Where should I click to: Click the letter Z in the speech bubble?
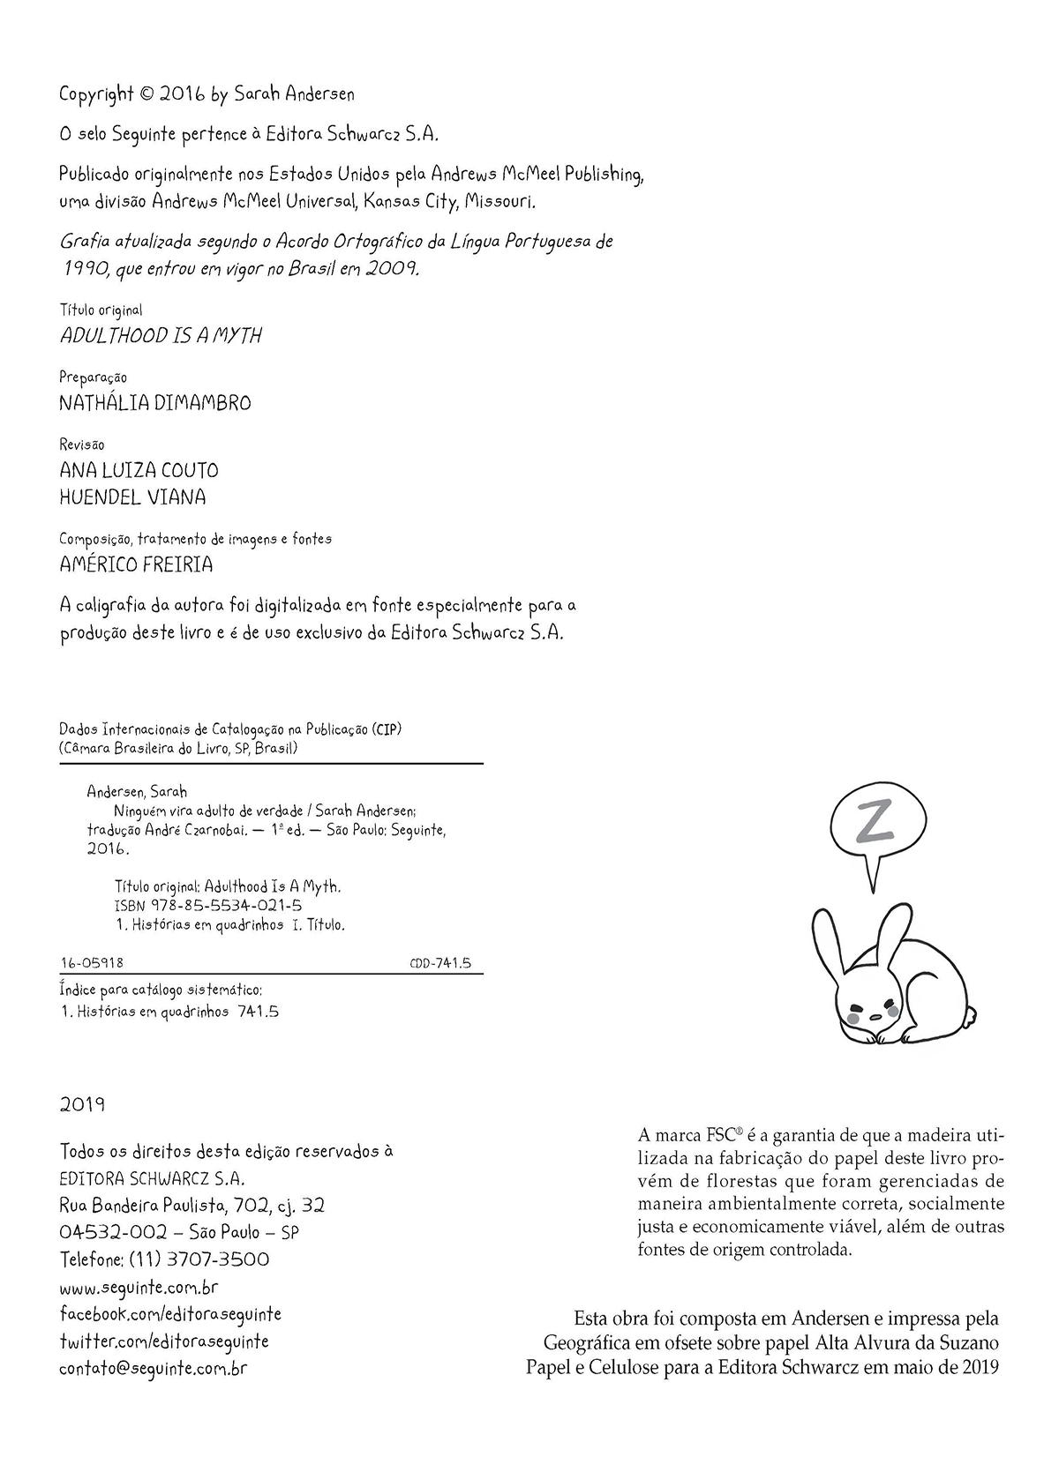pyautogui.click(x=873, y=822)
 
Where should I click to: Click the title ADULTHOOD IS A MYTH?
pyautogui.click(x=161, y=336)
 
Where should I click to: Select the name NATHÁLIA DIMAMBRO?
pyautogui.click(x=155, y=403)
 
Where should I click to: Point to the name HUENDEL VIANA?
pyautogui.click(x=132, y=497)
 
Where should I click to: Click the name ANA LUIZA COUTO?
pyautogui.click(x=139, y=470)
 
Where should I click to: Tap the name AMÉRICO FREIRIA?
pyautogui.click(x=136, y=564)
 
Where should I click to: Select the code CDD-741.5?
pyautogui.click(x=439, y=963)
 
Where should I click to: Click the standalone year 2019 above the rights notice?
pyautogui.click(x=83, y=1104)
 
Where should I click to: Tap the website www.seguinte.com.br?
pyautogui.click(x=139, y=1287)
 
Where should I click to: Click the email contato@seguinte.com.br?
pyautogui.click(x=153, y=1369)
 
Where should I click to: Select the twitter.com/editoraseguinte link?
pyautogui.click(x=164, y=1341)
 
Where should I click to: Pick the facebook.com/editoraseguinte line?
pyautogui.click(x=170, y=1314)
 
